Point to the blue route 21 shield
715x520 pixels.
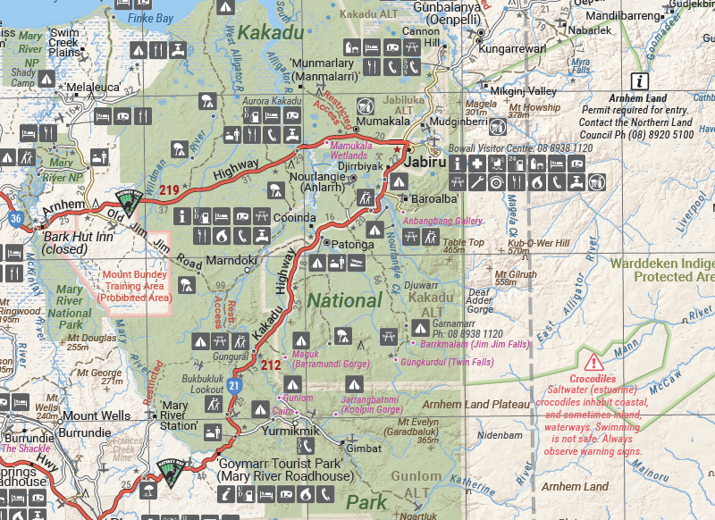[x=233, y=385]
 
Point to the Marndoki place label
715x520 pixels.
[x=231, y=261]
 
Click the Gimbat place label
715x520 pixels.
[x=363, y=448]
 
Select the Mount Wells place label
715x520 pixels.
[x=96, y=415]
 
